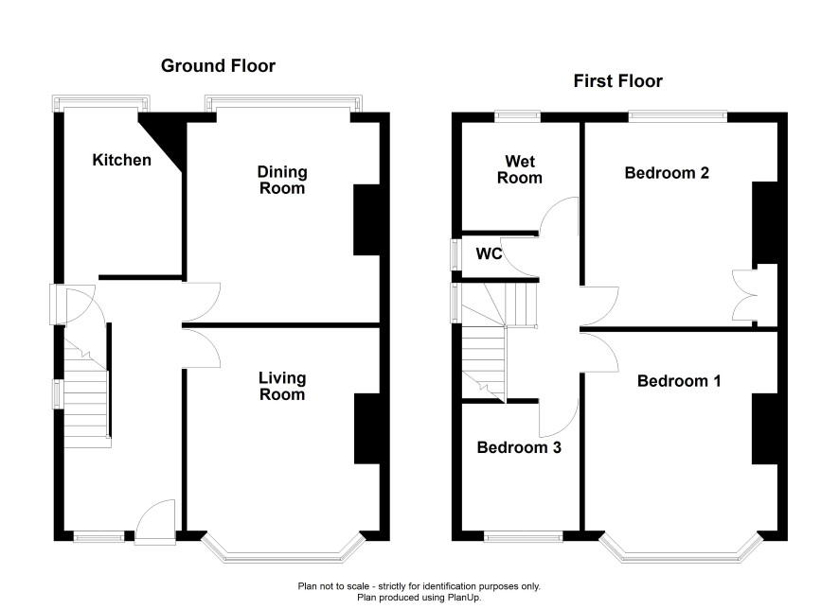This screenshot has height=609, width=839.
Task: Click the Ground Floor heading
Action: [x=218, y=65]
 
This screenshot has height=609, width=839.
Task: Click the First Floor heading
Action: [x=618, y=81]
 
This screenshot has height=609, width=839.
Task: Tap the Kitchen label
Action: [x=121, y=160]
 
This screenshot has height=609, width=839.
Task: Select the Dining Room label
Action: [x=282, y=180]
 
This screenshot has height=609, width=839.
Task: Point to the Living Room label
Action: [x=282, y=386]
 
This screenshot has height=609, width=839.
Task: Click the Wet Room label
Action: [x=520, y=169]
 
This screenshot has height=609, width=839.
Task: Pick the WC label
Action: [x=489, y=253]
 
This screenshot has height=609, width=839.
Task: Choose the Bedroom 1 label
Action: [x=679, y=381]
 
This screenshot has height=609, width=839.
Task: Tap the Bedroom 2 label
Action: [x=667, y=173]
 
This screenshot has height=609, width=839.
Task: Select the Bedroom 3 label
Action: [x=519, y=447]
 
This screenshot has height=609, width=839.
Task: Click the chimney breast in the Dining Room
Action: [x=367, y=220]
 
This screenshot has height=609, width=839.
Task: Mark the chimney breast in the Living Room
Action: [x=367, y=429]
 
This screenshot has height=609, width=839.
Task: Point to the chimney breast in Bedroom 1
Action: [x=764, y=429]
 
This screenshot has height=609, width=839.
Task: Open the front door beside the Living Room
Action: [x=155, y=522]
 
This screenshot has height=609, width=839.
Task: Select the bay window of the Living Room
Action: [x=282, y=548]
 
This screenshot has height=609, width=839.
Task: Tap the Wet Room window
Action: [x=517, y=114]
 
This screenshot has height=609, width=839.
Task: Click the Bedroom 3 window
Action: [x=524, y=537]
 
